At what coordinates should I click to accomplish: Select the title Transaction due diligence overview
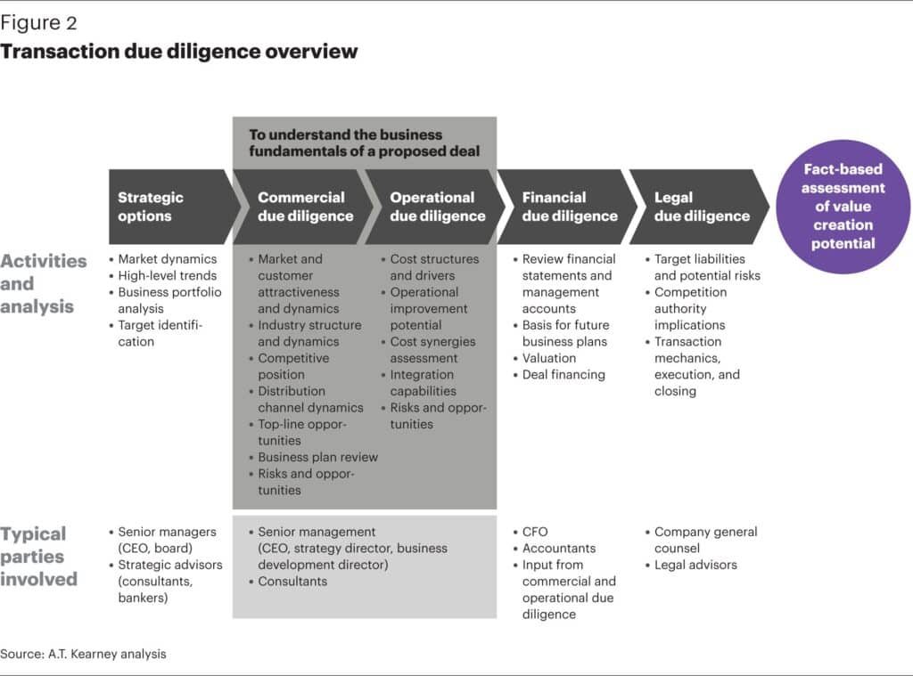(178, 51)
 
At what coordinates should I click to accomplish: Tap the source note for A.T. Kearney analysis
(83, 654)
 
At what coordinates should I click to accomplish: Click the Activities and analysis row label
(44, 283)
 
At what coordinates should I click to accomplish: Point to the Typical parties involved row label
(39, 556)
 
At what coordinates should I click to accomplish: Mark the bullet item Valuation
(549, 358)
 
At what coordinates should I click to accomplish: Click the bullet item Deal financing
(563, 375)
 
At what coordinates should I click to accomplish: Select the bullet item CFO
(535, 532)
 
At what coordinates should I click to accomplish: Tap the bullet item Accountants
(559, 549)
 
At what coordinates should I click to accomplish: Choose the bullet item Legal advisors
(695, 565)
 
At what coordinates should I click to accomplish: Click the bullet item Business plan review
(317, 457)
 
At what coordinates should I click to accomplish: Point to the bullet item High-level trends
(168, 275)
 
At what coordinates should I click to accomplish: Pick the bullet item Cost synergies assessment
(432, 350)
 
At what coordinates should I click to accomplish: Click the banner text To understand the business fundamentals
(364, 143)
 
